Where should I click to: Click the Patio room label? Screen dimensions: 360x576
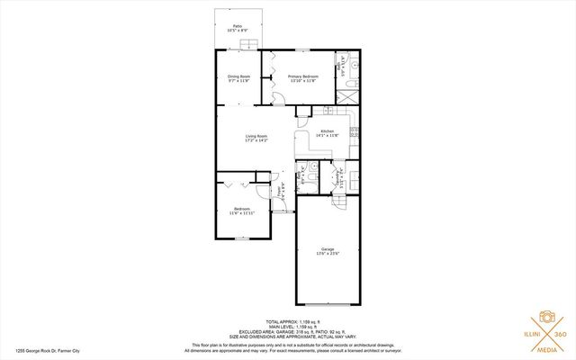pos(238,28)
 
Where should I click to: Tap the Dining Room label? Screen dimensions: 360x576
pos(238,78)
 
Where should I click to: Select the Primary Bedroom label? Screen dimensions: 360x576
pos(303,78)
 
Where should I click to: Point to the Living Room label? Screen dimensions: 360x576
pos(257,139)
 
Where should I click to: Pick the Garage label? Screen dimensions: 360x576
pos(328,252)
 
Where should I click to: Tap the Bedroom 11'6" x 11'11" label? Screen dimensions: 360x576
pos(242,211)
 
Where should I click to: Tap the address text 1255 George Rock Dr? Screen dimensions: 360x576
pos(46,353)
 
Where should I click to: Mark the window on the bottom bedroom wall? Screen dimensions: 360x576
pos(241,238)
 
